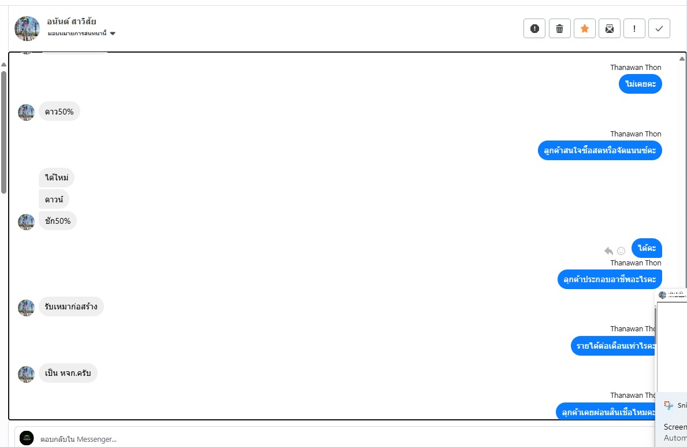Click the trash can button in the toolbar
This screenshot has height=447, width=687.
click(x=559, y=28)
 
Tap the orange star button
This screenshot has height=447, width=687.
click(x=584, y=28)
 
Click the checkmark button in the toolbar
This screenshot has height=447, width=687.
click(x=659, y=28)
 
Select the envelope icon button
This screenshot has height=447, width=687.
click(x=609, y=28)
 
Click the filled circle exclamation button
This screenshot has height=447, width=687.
click(x=534, y=28)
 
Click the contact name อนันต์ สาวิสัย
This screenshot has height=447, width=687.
click(x=72, y=21)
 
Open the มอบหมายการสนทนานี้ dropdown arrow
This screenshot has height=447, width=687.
click(x=113, y=34)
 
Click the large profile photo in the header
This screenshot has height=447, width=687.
click(x=27, y=28)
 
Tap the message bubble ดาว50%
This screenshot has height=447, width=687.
click(x=60, y=112)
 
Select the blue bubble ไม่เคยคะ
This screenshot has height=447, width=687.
click(x=640, y=84)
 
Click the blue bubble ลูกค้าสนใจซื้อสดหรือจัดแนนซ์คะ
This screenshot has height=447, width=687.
click(x=600, y=150)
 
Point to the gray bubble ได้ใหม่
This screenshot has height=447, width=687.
click(x=57, y=178)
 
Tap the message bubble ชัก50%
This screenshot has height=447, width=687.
click(x=58, y=221)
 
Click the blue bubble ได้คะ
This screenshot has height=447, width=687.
click(x=647, y=248)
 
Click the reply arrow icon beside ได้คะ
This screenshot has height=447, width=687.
click(x=608, y=250)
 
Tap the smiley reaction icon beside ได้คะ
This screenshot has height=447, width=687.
click(x=621, y=250)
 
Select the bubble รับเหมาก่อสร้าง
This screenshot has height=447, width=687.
click(x=71, y=306)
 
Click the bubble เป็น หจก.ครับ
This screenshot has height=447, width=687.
click(x=68, y=373)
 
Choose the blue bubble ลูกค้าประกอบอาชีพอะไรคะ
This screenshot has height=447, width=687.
click(x=610, y=279)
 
